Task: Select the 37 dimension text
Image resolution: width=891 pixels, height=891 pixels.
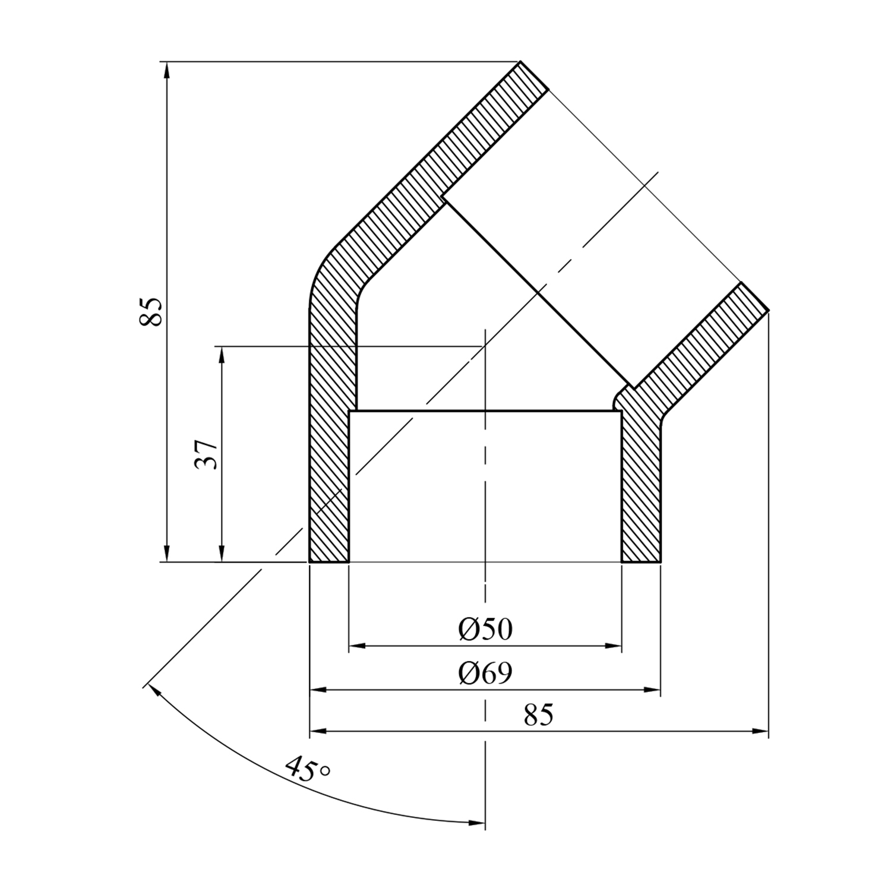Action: (206, 455)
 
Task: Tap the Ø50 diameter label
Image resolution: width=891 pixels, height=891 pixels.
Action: (485, 629)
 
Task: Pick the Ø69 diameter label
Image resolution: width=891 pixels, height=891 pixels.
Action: (485, 673)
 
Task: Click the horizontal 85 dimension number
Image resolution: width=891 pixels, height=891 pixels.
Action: (539, 715)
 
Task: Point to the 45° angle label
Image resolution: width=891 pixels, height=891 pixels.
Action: (307, 769)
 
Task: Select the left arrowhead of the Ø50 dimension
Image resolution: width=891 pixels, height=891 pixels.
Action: (357, 646)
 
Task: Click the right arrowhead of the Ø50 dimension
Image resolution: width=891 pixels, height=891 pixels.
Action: (613, 646)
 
